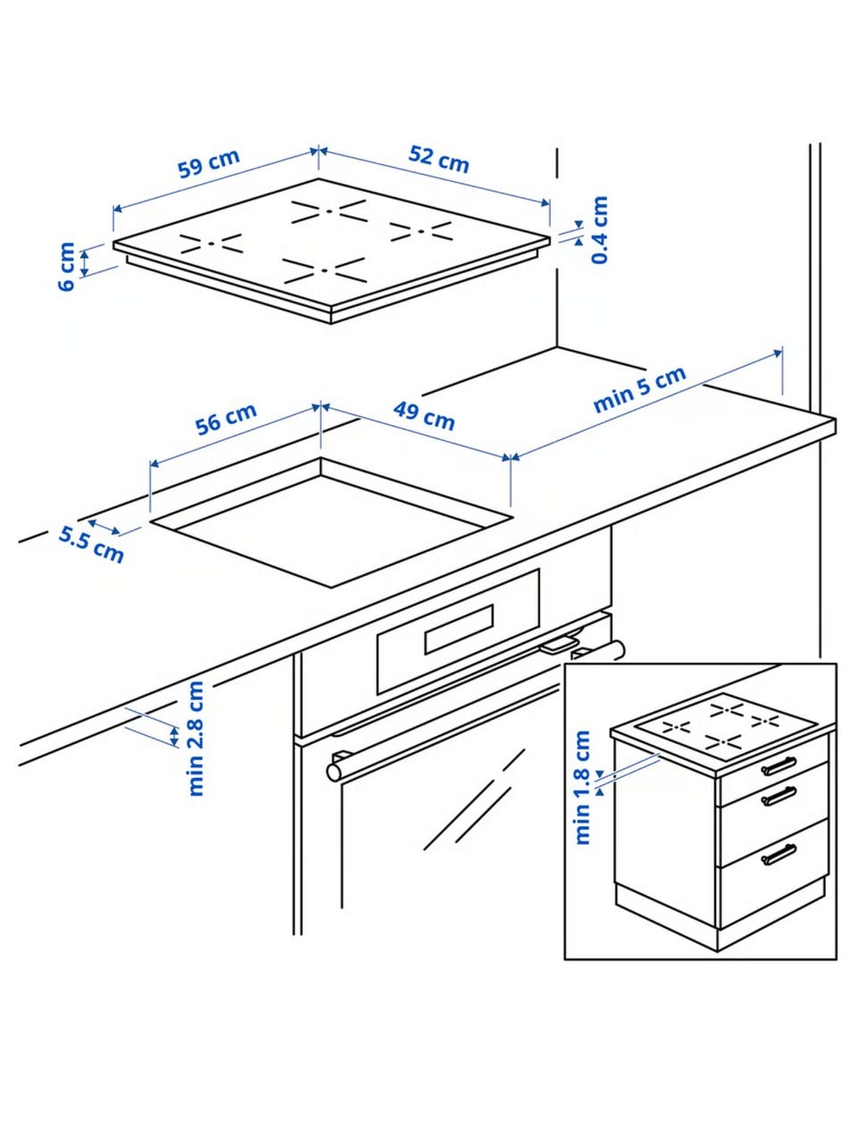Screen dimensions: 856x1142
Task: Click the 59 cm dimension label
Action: [x=209, y=163]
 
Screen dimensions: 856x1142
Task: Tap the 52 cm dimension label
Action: [x=439, y=159]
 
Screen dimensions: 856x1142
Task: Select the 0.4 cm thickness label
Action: [x=599, y=229]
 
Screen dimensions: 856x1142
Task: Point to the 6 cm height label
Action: [x=67, y=267]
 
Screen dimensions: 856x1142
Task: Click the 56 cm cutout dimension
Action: [x=226, y=418]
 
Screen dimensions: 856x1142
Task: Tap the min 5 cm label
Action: [x=640, y=389]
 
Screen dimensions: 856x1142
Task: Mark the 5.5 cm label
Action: [x=92, y=545]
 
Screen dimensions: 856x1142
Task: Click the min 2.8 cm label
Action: [x=196, y=738]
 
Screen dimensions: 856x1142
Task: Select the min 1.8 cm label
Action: [x=582, y=787]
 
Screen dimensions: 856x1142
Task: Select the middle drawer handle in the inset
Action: [x=778, y=797]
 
